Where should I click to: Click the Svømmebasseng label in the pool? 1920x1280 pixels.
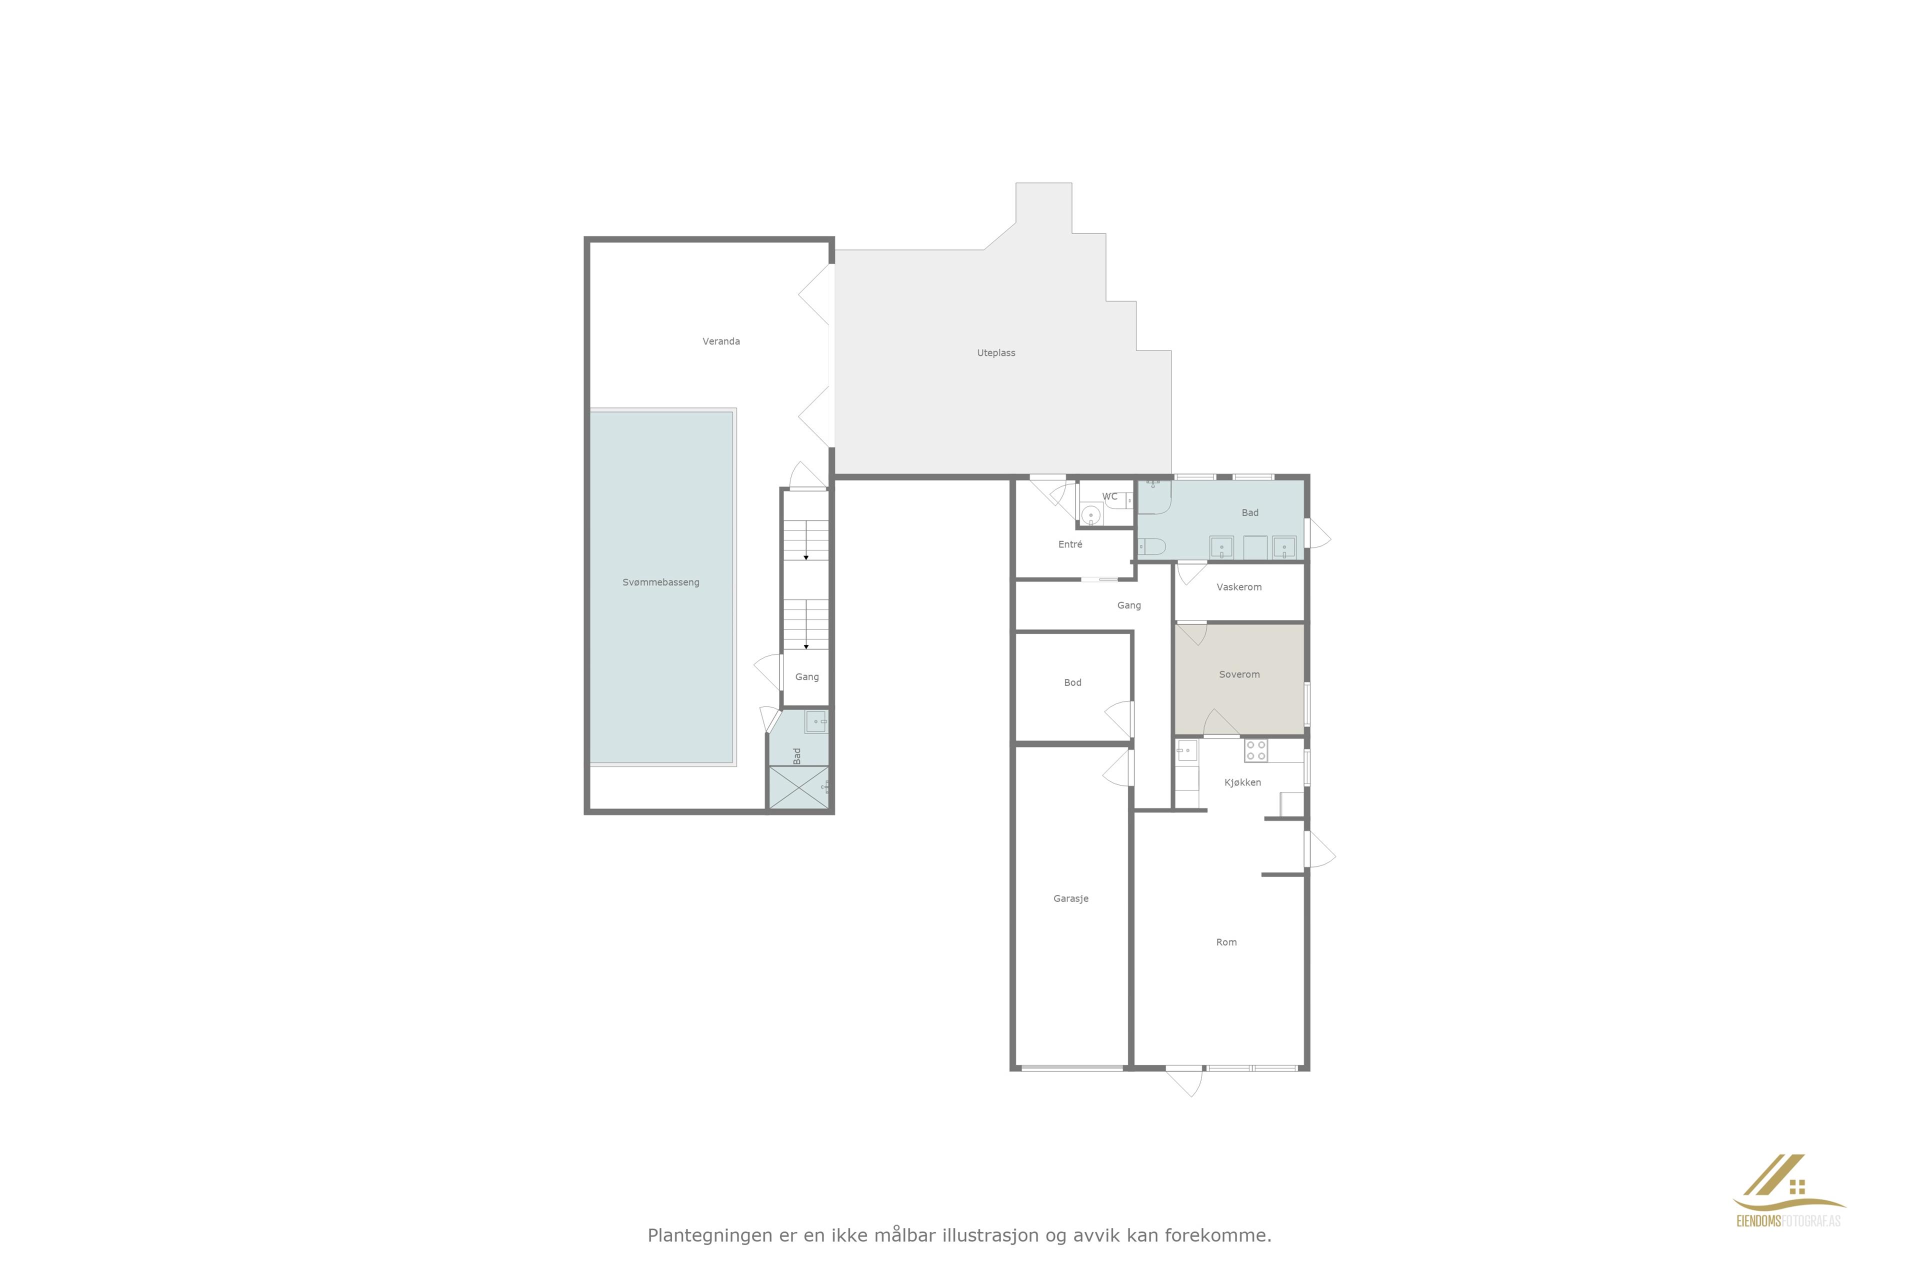click(x=660, y=582)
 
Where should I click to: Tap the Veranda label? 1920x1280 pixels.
click(x=721, y=341)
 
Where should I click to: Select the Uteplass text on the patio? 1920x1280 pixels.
click(x=996, y=352)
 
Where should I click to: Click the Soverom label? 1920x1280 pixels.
click(x=1239, y=674)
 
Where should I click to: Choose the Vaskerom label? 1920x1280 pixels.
click(x=1238, y=587)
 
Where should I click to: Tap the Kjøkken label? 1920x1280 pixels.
click(x=1242, y=782)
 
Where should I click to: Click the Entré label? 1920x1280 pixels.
click(x=1070, y=543)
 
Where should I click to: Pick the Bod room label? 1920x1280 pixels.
click(x=1072, y=682)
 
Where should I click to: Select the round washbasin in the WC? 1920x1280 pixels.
click(x=1090, y=515)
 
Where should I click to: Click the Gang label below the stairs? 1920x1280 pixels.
click(x=806, y=676)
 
